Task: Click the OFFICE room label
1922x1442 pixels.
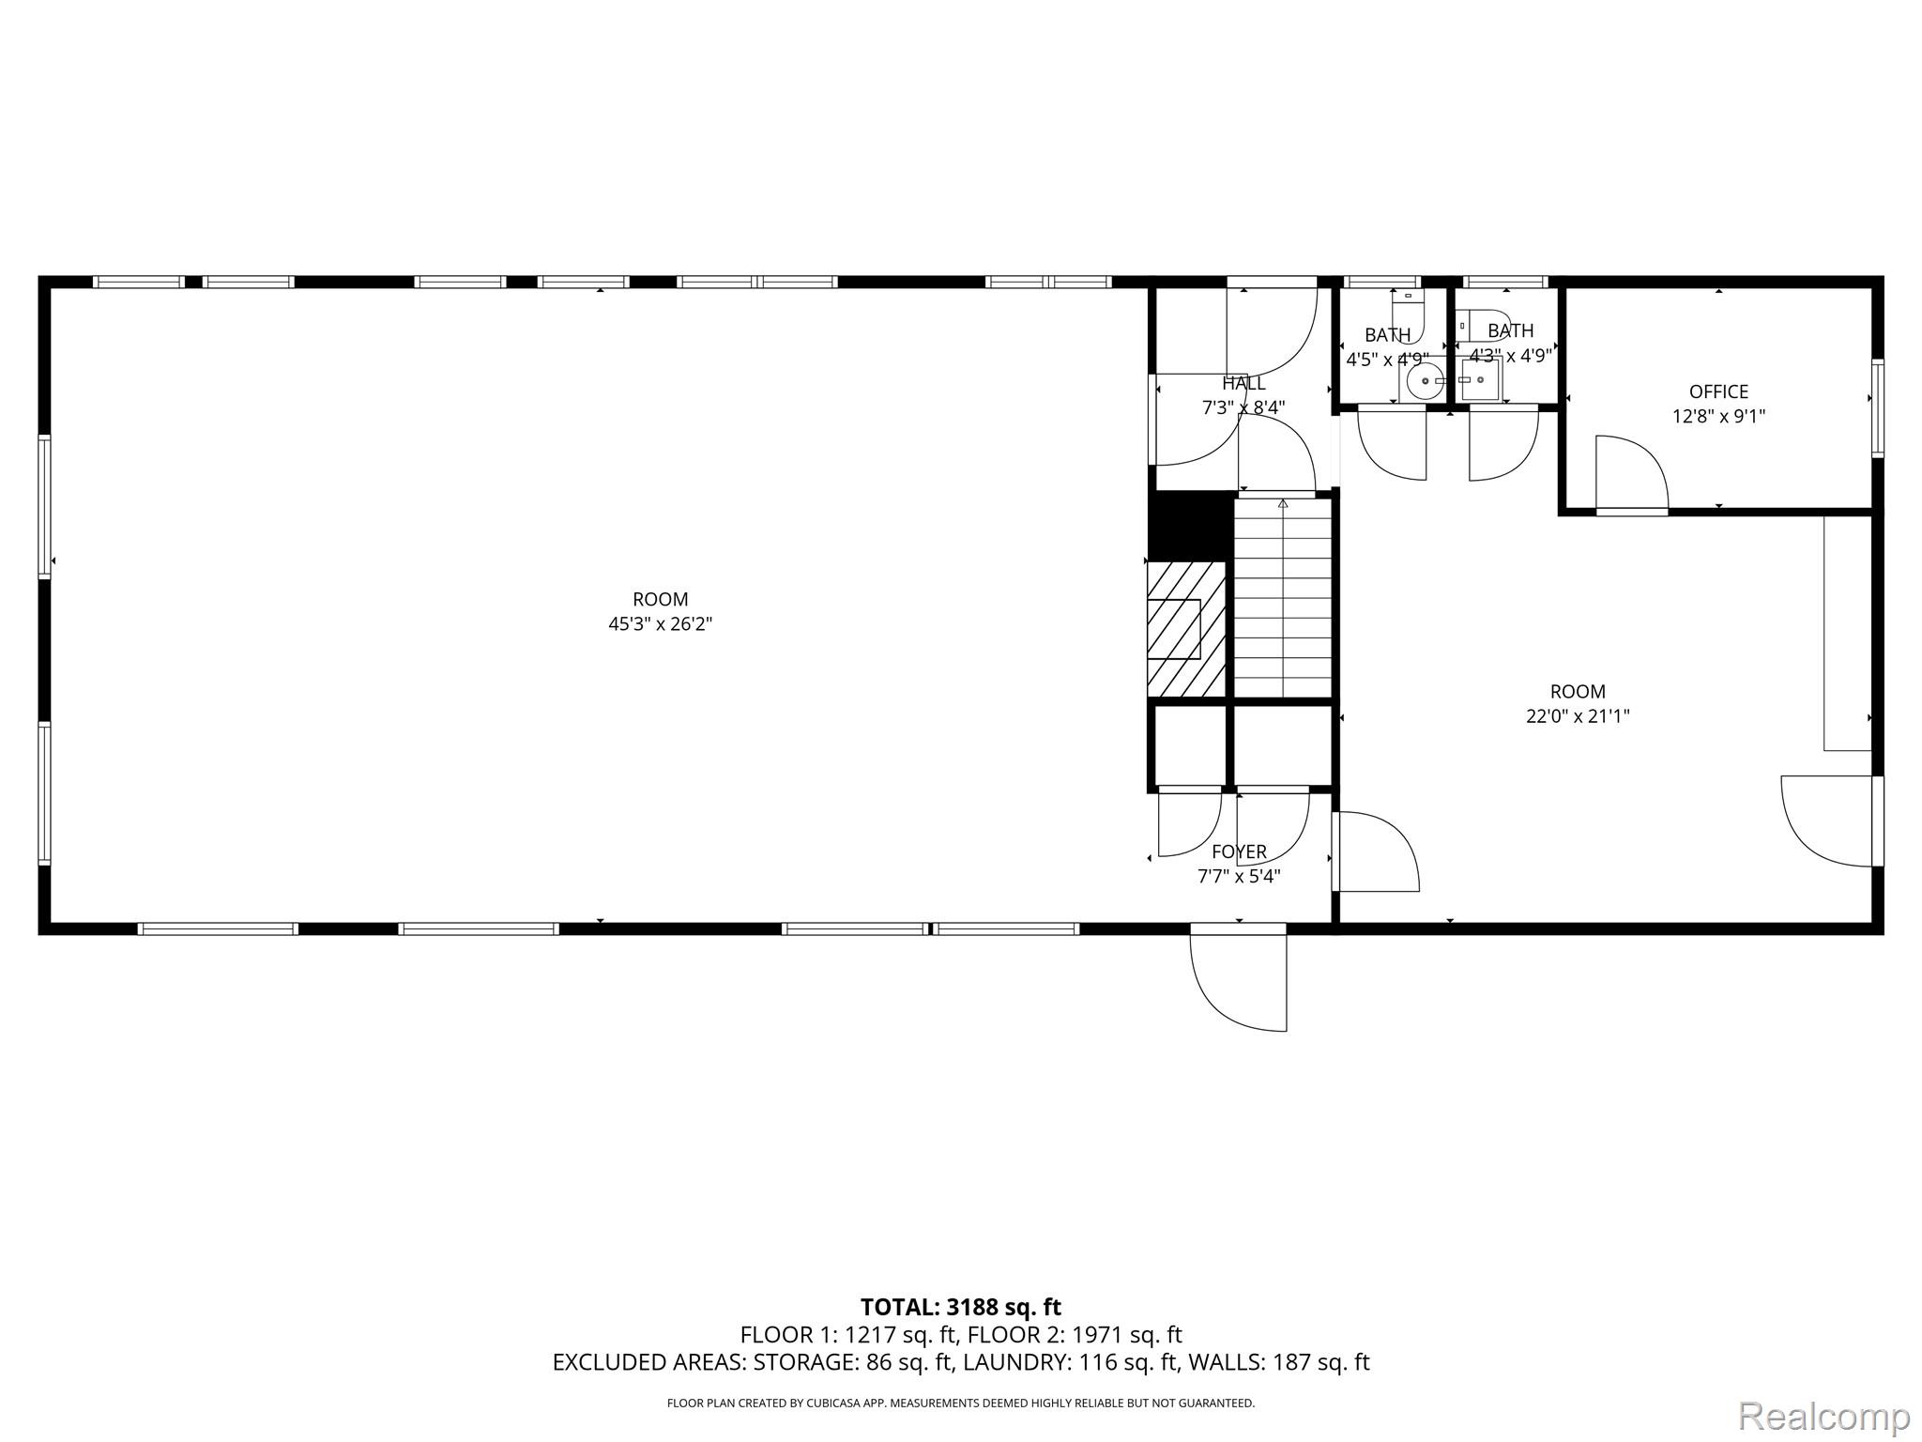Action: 1718,391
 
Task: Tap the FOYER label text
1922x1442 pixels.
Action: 1239,851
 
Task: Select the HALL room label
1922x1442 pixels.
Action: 1243,383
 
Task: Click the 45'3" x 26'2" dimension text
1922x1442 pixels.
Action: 661,623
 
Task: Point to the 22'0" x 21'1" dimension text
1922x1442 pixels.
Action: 1578,716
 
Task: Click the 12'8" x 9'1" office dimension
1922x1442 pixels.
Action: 1718,416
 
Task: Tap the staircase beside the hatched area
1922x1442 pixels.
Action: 1282,598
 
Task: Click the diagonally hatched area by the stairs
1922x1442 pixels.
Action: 1186,629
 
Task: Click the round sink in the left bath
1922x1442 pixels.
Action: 1425,380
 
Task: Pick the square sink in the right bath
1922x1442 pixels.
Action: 1480,380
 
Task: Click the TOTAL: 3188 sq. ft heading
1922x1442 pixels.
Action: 960,1307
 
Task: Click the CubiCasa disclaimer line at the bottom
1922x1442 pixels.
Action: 960,1404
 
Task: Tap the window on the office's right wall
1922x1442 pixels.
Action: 1877,408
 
